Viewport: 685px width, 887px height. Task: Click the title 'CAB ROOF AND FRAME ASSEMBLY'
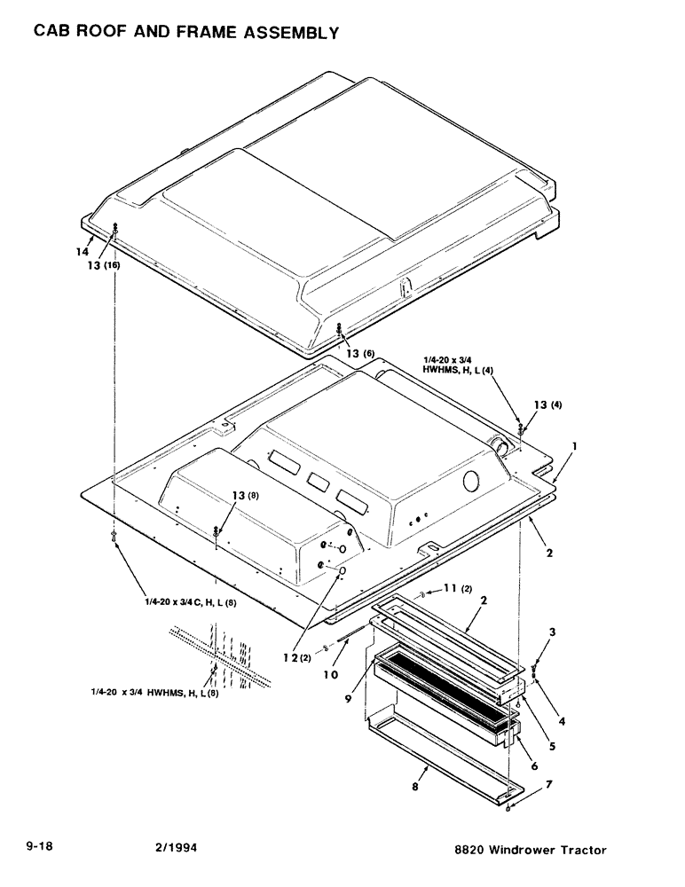coord(186,33)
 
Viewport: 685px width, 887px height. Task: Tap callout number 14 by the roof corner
coord(83,251)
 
